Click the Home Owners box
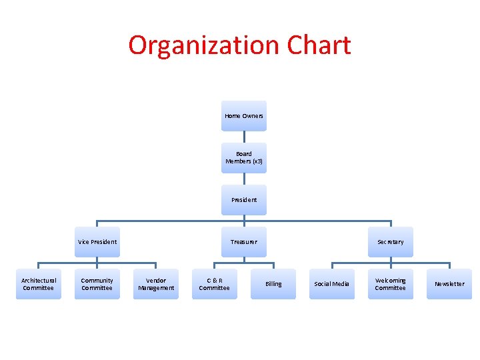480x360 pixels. coord(243,116)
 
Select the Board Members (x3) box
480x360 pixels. coord(243,157)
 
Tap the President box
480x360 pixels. coord(243,199)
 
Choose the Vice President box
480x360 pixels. coord(97,241)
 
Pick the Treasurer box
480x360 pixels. coord(243,241)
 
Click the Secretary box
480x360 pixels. coord(390,241)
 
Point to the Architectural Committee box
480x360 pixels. coord(39,284)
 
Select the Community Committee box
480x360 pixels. coord(97,284)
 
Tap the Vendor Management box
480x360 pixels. coord(156,284)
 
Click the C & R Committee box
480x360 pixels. coord(214,284)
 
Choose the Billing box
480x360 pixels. coord(273,284)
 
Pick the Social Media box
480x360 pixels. coord(332,284)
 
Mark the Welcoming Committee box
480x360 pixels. coord(390,284)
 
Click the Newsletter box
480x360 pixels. coord(449,284)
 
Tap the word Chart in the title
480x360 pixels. coord(319,46)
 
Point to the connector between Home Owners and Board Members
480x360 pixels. coord(244,137)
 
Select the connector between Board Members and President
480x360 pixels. coord(244,179)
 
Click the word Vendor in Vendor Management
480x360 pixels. coord(156,280)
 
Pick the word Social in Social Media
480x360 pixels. coord(323,284)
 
